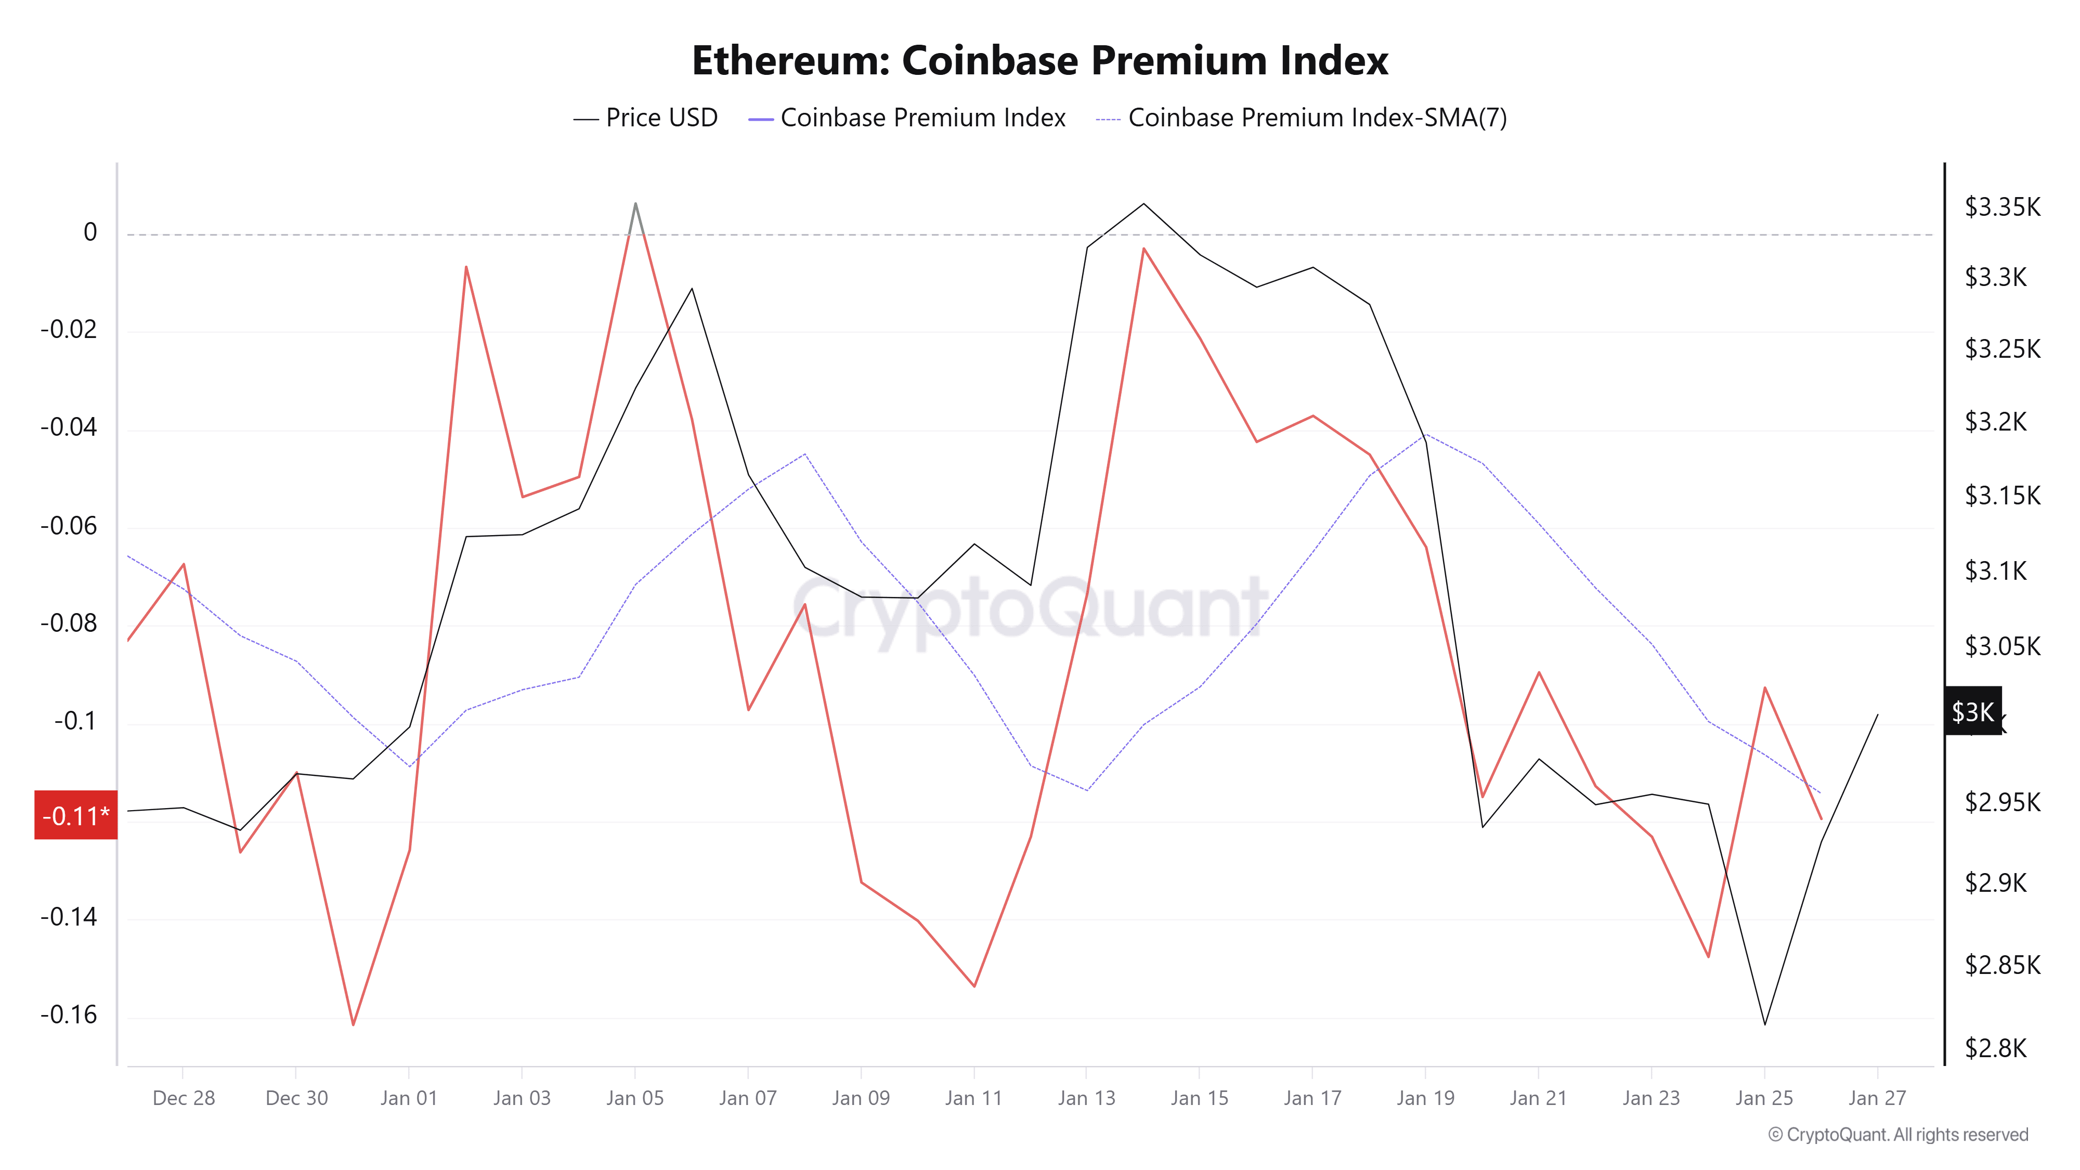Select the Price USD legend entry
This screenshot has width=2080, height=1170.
click(x=645, y=118)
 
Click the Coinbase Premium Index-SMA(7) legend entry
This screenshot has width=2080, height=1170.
click(x=1301, y=118)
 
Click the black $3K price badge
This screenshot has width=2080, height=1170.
click(x=1972, y=711)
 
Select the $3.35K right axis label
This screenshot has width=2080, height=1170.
click(x=2001, y=207)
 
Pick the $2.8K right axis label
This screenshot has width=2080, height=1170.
click(x=1995, y=1048)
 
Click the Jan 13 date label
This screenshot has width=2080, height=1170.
click(x=1086, y=1098)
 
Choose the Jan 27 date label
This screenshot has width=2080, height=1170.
click(x=1877, y=1098)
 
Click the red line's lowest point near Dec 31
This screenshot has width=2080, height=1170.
click(x=353, y=1024)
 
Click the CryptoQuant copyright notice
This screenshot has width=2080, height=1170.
click(x=1897, y=1135)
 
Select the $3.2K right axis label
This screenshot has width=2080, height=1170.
click(x=1995, y=422)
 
